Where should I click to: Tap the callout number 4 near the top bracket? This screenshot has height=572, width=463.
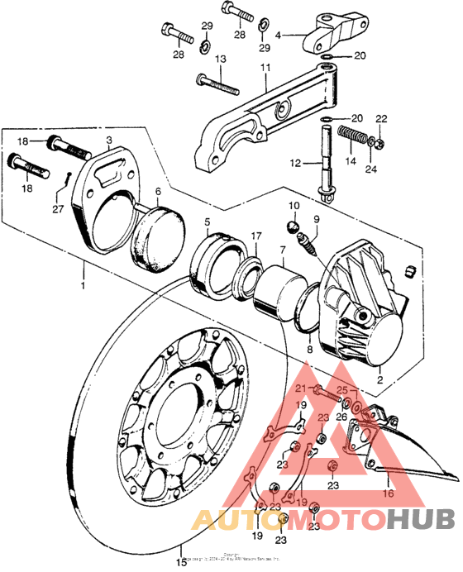[279, 36]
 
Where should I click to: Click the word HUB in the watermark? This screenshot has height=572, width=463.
[420, 519]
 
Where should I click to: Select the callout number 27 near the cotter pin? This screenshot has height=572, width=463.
[56, 209]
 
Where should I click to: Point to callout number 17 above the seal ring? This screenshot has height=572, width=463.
[257, 235]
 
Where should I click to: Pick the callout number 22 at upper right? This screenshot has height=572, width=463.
[381, 119]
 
